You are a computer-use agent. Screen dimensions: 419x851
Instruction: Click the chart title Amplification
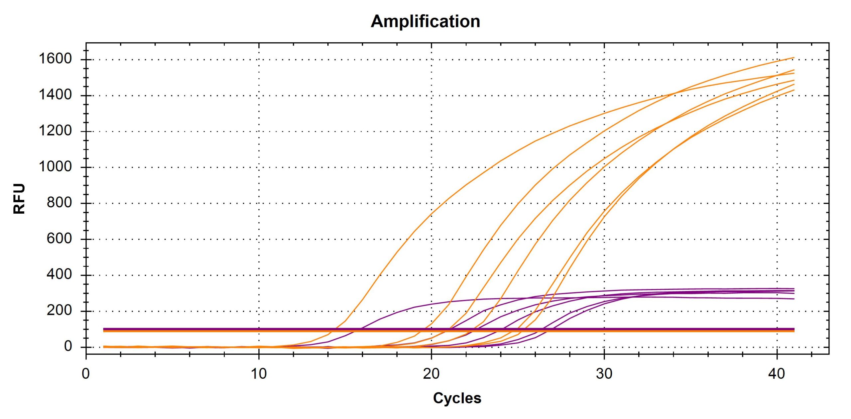[x=425, y=21]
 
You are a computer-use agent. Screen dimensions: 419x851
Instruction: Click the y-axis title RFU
[x=19, y=198]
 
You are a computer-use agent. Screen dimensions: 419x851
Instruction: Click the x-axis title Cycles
[x=457, y=398]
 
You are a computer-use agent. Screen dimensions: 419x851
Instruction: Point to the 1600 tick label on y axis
[x=55, y=59]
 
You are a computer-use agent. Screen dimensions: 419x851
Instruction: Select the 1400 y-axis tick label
[x=55, y=95]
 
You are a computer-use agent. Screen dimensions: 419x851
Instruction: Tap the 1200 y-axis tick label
[x=55, y=131]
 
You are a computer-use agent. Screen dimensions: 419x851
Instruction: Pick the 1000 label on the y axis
[x=55, y=167]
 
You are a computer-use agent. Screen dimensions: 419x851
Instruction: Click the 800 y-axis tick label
[x=59, y=203]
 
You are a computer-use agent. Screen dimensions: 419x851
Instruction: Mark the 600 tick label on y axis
[x=59, y=239]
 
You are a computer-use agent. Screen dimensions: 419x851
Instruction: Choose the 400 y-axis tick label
[x=59, y=275]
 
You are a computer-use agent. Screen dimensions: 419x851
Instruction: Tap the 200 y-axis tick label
[x=59, y=311]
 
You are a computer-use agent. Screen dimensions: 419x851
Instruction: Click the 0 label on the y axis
[x=68, y=346]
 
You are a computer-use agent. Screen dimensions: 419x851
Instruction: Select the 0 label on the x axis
[x=86, y=374]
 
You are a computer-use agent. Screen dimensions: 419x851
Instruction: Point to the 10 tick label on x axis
[x=259, y=374]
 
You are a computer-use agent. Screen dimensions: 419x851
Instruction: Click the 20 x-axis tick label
[x=431, y=374]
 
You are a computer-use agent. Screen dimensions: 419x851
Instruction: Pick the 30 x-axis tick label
[x=604, y=374]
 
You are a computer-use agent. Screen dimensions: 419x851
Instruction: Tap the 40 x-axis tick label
[x=777, y=374]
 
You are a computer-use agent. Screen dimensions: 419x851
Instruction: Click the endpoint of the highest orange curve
[x=794, y=58]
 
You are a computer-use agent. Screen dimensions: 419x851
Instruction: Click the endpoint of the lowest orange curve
[x=794, y=90]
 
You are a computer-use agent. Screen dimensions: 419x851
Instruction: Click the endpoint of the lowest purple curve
[x=794, y=299]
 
